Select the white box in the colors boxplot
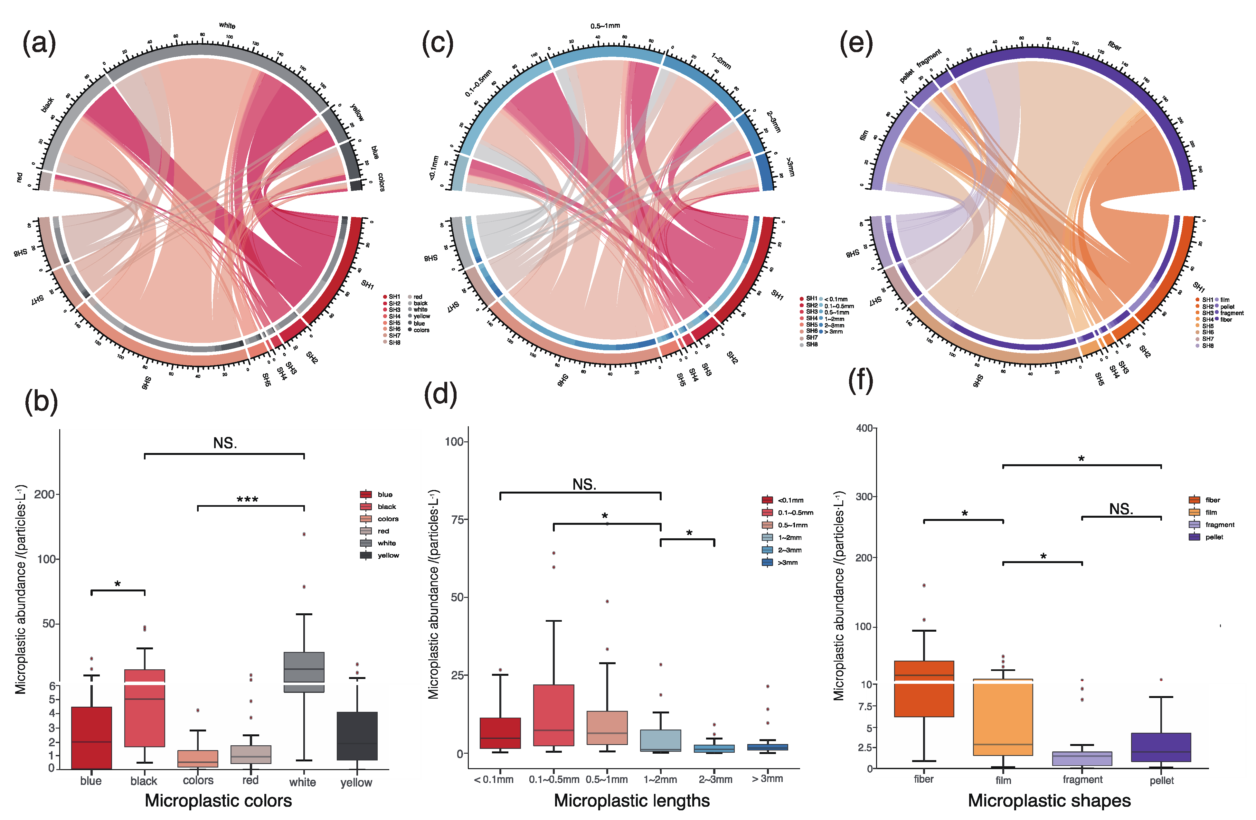(x=304, y=671)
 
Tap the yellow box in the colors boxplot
(x=357, y=736)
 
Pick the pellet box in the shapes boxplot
(x=1161, y=747)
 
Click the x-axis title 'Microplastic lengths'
(x=632, y=800)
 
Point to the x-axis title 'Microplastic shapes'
(x=1049, y=800)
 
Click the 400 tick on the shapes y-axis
(x=864, y=428)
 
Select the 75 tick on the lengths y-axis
(x=457, y=520)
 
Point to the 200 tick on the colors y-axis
(x=44, y=495)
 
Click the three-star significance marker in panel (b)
(x=247, y=499)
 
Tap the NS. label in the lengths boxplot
(x=584, y=485)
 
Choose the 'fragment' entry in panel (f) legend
(x=1219, y=524)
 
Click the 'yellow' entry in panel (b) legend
(x=388, y=555)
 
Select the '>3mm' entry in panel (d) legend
(x=788, y=562)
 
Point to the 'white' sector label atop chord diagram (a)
(x=227, y=25)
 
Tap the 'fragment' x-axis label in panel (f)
(x=1082, y=779)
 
